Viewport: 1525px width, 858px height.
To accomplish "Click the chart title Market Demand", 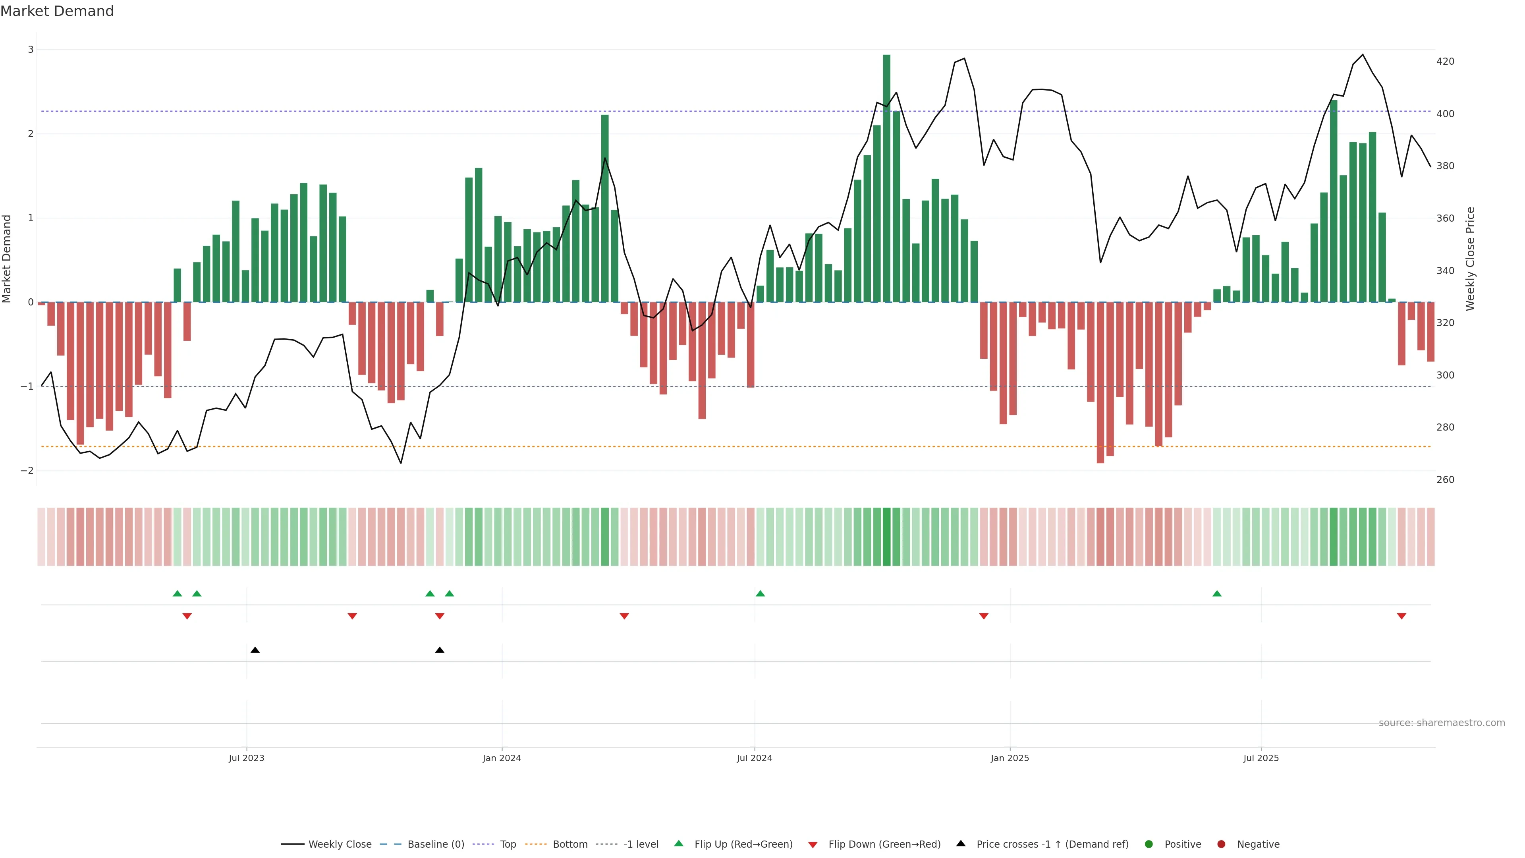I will tap(57, 11).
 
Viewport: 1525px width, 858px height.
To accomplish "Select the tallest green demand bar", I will tap(886, 178).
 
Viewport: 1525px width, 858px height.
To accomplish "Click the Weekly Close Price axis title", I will tap(1471, 259).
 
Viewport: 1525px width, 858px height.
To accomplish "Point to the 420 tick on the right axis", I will tap(1445, 62).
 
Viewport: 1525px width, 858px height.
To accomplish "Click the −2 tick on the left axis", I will tap(27, 471).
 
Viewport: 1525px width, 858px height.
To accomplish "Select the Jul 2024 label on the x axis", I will tap(754, 758).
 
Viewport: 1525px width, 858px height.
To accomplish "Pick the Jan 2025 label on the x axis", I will tap(1010, 758).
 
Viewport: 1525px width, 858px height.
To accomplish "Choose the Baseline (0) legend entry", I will tap(435, 844).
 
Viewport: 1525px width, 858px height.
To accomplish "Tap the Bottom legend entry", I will tap(569, 844).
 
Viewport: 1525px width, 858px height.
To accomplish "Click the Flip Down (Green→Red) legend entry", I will tap(884, 844).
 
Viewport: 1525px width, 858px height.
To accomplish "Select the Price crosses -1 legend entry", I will tap(1052, 844).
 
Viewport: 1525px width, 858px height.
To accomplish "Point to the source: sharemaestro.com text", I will tap(1442, 723).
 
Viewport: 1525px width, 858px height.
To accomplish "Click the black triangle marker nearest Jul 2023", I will tap(255, 650).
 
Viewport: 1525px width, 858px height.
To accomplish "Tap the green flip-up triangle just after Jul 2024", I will tap(760, 593).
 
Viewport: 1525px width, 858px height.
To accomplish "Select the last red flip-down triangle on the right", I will tap(1401, 616).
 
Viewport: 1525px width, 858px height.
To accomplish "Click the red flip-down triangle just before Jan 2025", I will tap(984, 616).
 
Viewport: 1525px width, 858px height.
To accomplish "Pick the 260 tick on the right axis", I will tap(1445, 479).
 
